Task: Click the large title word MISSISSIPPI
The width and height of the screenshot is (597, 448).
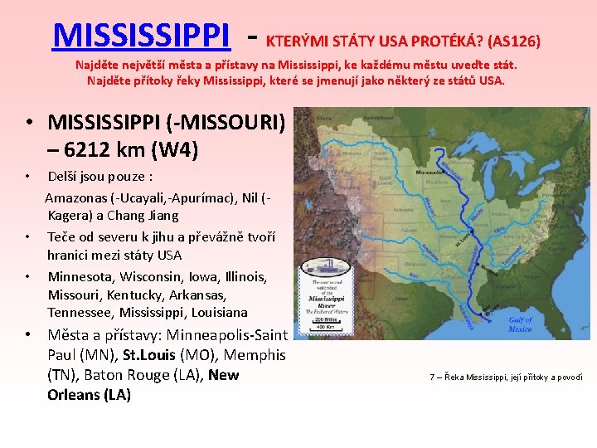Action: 140,35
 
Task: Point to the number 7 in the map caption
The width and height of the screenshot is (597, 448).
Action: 432,377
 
